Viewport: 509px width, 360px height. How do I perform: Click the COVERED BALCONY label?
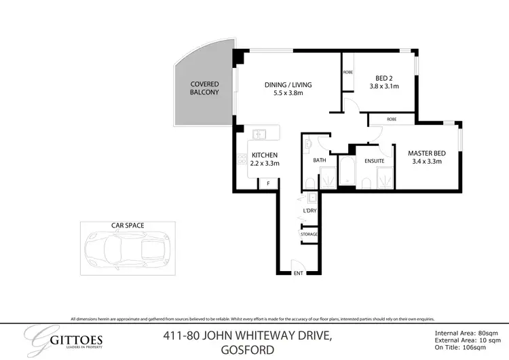[x=204, y=88]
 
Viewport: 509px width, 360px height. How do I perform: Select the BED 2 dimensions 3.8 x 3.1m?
[x=384, y=86]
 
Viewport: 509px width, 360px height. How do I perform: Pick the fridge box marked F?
[x=268, y=183]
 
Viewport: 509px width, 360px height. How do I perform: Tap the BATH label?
[x=320, y=161]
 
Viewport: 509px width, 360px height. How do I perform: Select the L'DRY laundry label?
[x=310, y=211]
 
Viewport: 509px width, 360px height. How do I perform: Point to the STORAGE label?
[x=309, y=234]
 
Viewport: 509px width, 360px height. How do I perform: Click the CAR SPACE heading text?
[x=128, y=224]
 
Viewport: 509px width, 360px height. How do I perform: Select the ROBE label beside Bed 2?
[x=347, y=72]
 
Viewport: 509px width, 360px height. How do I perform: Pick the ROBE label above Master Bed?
[x=392, y=119]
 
